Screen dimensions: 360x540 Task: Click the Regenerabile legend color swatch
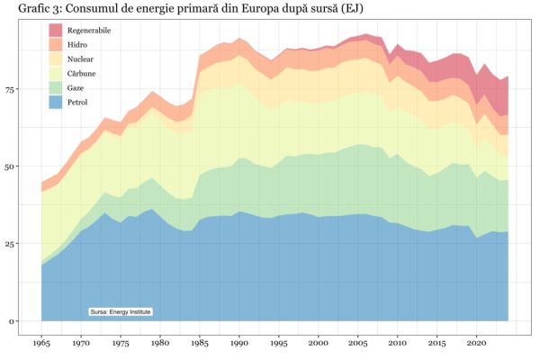point(55,31)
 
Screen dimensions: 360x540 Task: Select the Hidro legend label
point(77,44)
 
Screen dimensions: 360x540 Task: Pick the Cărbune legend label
point(82,73)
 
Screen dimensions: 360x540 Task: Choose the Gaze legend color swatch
point(55,87)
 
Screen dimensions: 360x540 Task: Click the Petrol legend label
point(78,102)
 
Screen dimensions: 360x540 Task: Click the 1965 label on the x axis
point(41,344)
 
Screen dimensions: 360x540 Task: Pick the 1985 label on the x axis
point(200,344)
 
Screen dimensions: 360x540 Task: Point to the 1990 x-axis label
point(240,344)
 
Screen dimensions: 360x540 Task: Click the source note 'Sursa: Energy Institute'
point(121,311)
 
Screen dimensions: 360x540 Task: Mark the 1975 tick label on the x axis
point(121,344)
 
